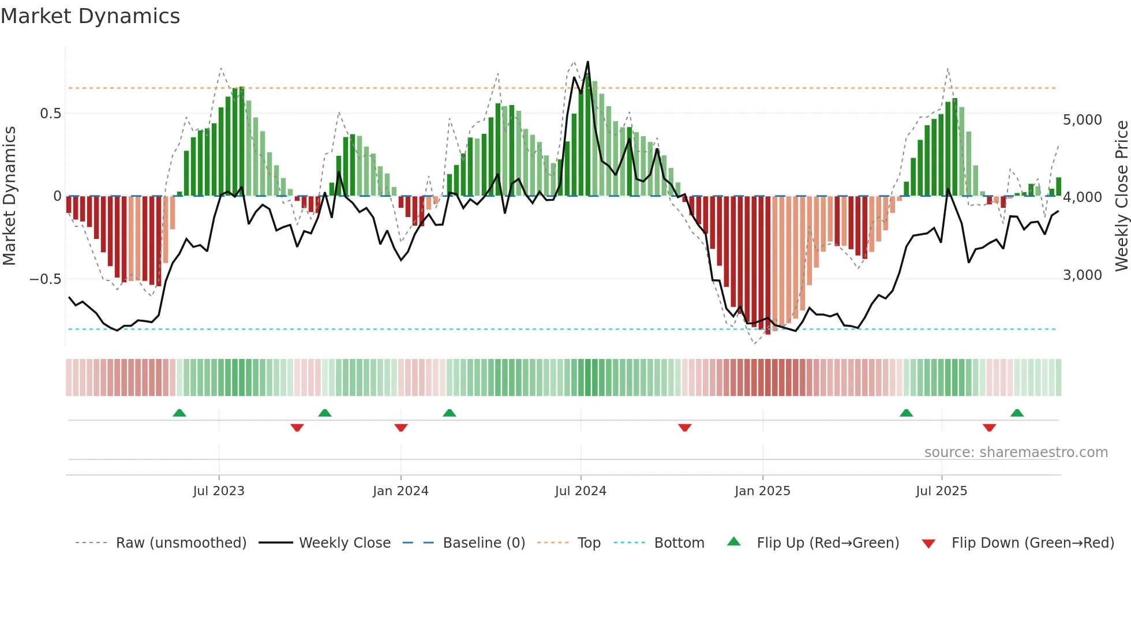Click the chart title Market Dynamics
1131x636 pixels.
click(91, 16)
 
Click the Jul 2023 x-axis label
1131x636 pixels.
click(219, 491)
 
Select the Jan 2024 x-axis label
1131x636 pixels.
click(400, 491)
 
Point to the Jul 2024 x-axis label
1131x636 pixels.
click(581, 491)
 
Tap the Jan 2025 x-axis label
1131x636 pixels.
click(762, 491)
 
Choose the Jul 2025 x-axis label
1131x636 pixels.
click(941, 491)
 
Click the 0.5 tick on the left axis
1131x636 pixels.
click(50, 114)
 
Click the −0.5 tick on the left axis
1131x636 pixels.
click(46, 279)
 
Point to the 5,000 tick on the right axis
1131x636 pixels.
click(1083, 120)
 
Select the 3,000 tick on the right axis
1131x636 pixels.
click(1083, 275)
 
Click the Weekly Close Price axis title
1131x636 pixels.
click(1121, 196)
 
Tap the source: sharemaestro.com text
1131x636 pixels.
click(1016, 452)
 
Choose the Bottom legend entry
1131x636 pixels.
click(679, 543)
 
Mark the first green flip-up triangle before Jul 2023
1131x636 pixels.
click(179, 413)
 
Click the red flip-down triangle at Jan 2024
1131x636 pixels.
click(401, 428)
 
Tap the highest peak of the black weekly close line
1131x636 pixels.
click(587, 62)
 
